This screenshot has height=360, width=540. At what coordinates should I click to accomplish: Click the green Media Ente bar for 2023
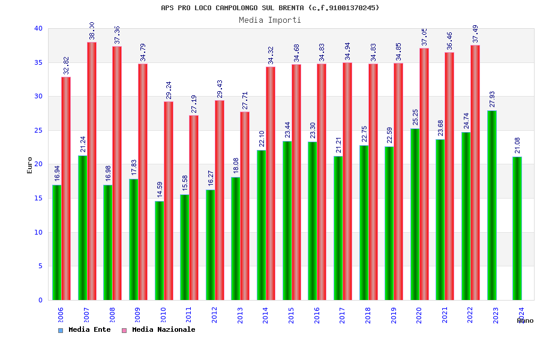coord(492,205)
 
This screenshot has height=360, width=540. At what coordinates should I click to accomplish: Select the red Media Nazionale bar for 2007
coord(92,171)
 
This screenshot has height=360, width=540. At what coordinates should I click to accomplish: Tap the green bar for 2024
coord(517,228)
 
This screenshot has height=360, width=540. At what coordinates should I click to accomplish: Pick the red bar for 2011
coord(194,208)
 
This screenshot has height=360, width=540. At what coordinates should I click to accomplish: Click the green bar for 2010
coord(159,250)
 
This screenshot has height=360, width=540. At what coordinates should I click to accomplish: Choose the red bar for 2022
coord(475,173)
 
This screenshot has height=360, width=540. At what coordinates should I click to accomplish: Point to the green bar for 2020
coord(415,214)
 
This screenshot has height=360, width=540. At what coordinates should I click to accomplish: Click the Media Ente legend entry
coord(85,330)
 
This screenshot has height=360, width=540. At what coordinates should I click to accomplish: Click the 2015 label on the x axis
coord(291,316)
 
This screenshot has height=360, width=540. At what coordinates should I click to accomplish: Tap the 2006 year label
coord(61,316)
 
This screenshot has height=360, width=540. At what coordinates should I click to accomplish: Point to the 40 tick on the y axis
coord(38,28)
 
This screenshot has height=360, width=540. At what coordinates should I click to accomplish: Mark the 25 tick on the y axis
coord(38,130)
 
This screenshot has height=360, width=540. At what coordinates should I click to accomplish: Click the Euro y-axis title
coord(30,165)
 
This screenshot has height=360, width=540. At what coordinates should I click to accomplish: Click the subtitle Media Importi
coord(270,20)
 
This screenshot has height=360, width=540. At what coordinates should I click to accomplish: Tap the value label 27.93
coord(492,99)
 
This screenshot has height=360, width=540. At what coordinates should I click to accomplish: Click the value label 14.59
coord(160,189)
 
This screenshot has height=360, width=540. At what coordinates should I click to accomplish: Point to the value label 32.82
coord(66,65)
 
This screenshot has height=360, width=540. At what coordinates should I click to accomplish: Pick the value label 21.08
coord(518,145)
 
